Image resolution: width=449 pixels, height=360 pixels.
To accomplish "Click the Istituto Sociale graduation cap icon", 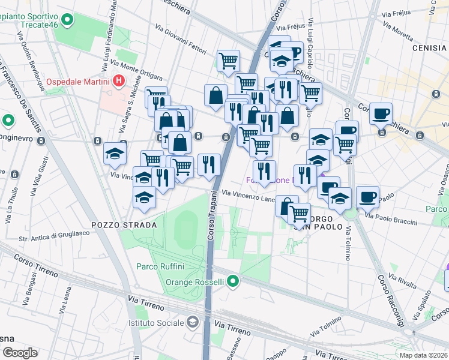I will click(192, 323).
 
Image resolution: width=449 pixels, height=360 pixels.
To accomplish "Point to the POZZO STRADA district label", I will click(119, 224).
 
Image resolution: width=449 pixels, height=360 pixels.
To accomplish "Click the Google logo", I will click(19, 353).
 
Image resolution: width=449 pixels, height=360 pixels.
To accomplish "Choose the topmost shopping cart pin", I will click(228, 60).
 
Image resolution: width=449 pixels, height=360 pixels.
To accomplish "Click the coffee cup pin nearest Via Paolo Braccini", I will click(367, 196).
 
